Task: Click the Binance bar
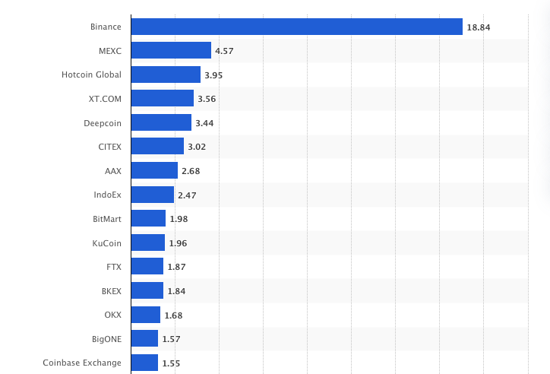coord(296,27)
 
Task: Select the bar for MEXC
coord(171,50)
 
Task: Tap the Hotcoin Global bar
coord(166,74)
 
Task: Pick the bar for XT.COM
coord(162,98)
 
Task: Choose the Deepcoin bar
coord(161,122)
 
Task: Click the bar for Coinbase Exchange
coord(144,363)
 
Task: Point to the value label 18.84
coord(479,27)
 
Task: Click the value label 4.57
coord(225,51)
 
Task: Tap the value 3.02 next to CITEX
coord(197,147)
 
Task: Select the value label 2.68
coord(191,171)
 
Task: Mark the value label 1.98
coord(179,219)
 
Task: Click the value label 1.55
coord(171,363)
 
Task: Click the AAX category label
coord(112,171)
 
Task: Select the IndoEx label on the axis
coord(107,195)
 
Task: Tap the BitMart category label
coord(106,219)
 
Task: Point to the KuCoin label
coord(106,242)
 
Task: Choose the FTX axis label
coord(114,267)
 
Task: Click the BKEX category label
coord(111,290)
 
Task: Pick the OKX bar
coord(145,315)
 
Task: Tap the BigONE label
coord(106,338)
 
